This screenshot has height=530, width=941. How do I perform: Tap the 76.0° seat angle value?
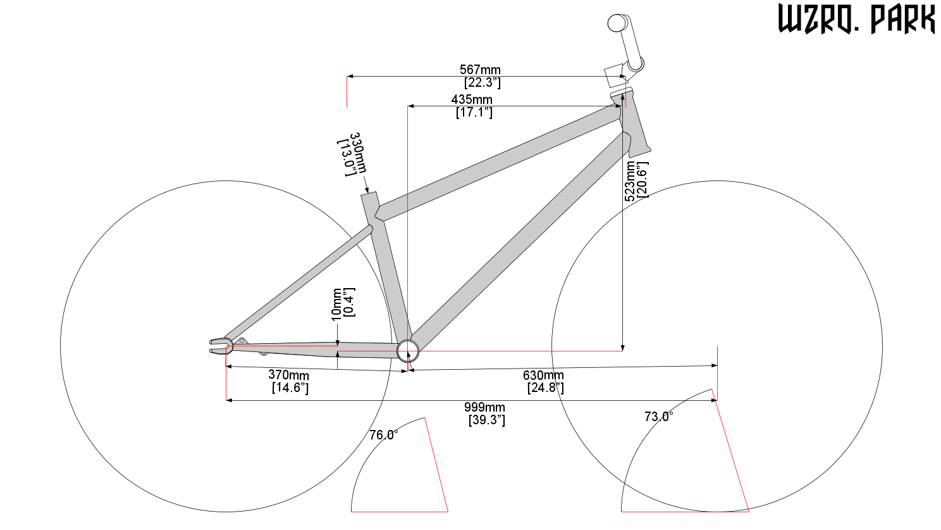[x=383, y=434]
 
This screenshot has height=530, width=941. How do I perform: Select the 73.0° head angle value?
[x=658, y=417]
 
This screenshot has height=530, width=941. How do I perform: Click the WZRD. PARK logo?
[x=856, y=18]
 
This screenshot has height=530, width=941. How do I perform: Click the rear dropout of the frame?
[x=221, y=346]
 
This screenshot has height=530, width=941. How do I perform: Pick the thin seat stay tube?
[x=298, y=283]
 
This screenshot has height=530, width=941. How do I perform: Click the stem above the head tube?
[x=625, y=42]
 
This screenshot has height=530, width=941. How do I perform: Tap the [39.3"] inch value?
[x=486, y=420]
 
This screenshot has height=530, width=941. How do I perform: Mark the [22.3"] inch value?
[x=483, y=82]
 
